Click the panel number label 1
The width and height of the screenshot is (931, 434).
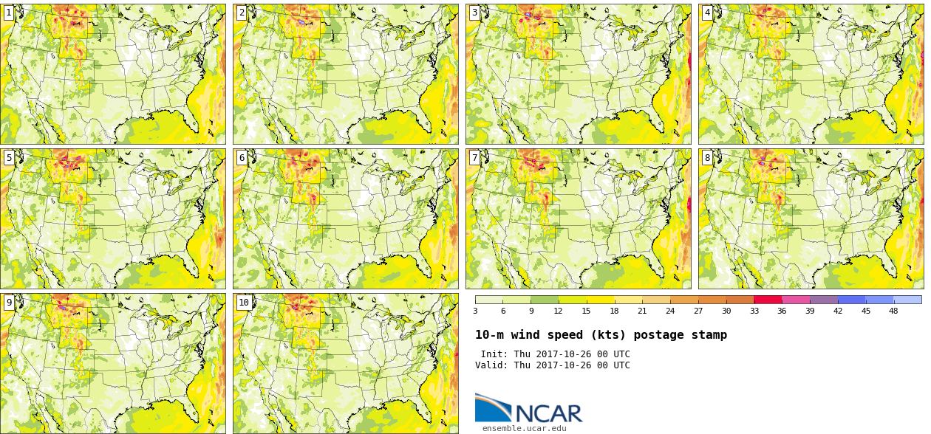point(9,13)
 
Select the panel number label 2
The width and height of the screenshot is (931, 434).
point(242,13)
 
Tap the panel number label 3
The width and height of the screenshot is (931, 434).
point(474,13)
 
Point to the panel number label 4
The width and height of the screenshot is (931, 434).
point(707,13)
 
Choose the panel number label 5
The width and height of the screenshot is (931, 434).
point(9,157)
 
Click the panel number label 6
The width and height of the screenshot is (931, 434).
point(242,157)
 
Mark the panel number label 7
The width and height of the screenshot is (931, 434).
point(474,157)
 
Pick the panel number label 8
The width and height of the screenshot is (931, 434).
point(707,157)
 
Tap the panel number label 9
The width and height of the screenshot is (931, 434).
point(9,302)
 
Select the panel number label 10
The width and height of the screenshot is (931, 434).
point(244,302)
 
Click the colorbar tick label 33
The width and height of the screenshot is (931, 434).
point(754,311)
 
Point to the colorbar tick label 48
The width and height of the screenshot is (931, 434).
point(893,311)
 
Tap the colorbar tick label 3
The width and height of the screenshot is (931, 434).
point(475,311)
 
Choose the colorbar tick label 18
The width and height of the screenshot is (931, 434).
point(614,311)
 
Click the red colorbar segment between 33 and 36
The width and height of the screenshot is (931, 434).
point(768,300)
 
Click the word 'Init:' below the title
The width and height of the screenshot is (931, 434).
point(494,354)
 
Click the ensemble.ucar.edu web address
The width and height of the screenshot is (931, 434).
point(525,428)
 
